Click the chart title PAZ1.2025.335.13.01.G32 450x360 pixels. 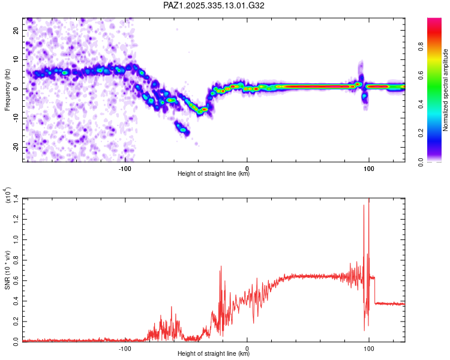(x=214, y=5)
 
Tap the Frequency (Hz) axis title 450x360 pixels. (x=7, y=91)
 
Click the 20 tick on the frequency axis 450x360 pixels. (x=17, y=30)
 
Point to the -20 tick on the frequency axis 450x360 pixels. (x=16, y=148)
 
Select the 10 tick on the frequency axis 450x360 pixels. (x=17, y=59)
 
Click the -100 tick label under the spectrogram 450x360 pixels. (x=124, y=167)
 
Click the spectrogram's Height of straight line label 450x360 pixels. (x=214, y=174)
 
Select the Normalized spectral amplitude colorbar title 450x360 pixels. (x=446, y=91)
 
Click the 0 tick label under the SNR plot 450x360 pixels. (x=247, y=348)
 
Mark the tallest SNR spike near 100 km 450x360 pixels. (x=368, y=199)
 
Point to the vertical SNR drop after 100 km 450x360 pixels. (x=375, y=290)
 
